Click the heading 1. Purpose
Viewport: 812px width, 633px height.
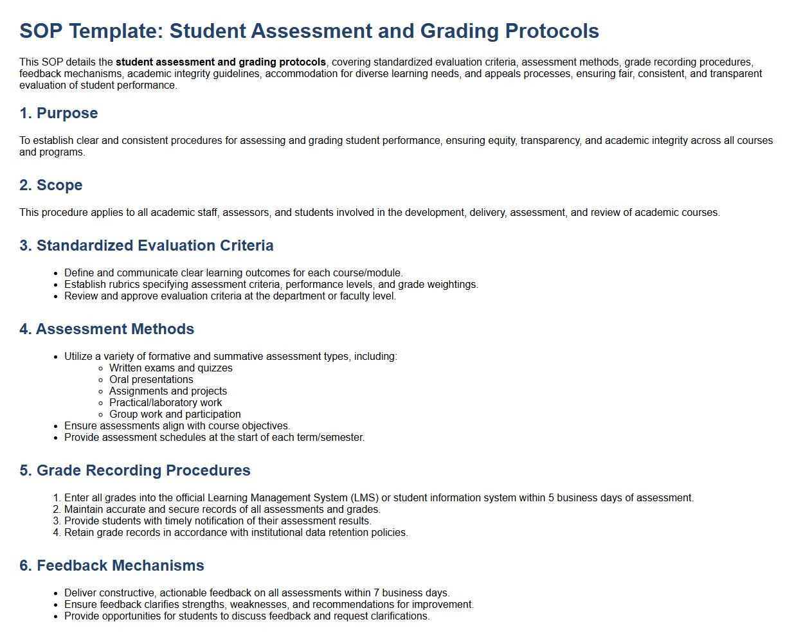[59, 113]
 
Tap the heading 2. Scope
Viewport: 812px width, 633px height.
[51, 185]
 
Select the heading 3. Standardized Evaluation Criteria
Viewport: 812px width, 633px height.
[147, 245]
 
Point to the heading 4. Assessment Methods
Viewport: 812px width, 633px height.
[107, 329]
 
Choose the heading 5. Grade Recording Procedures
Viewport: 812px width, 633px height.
[135, 470]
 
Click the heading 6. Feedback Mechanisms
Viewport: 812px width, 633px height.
[112, 566]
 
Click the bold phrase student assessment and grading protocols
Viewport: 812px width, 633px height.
[221, 62]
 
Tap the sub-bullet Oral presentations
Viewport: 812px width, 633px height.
[151, 380]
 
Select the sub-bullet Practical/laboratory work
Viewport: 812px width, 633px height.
[165, 403]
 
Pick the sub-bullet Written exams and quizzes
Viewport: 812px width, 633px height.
[170, 368]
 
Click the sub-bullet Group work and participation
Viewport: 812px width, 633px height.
[175, 415]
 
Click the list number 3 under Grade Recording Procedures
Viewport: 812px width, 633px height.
[57, 521]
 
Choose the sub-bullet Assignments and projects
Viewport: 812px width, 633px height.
[168, 391]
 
